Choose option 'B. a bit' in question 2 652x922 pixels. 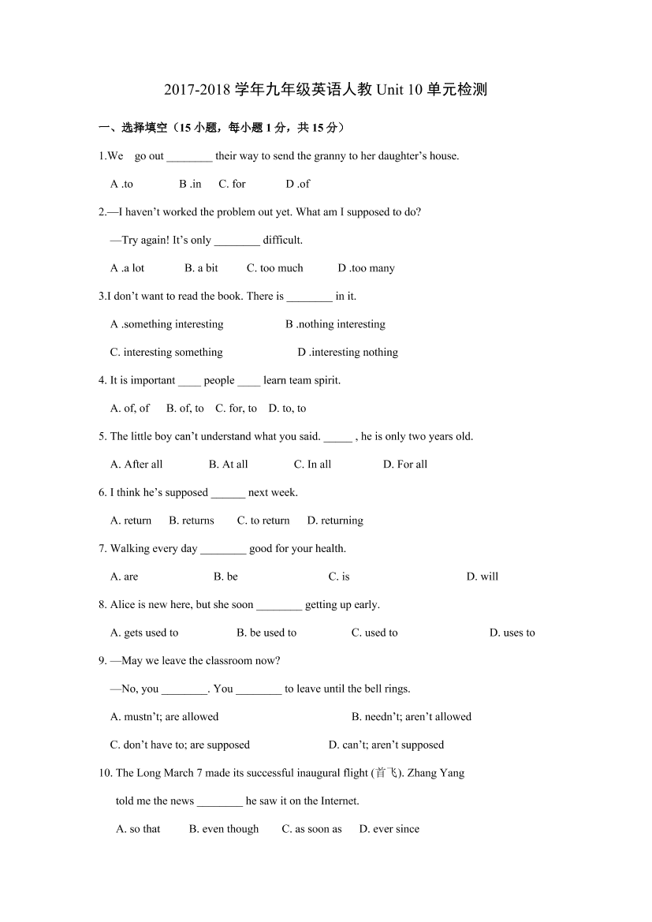pyautogui.click(x=201, y=268)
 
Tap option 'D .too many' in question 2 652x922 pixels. pyautogui.click(x=366, y=268)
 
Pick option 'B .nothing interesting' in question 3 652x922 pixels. pyautogui.click(x=335, y=324)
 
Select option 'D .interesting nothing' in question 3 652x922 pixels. pyautogui.click(x=348, y=353)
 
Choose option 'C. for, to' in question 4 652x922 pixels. pyautogui.click(x=236, y=409)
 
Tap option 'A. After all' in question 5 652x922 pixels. pyautogui.click(x=136, y=465)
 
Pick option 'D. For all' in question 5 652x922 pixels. pyautogui.click(x=405, y=465)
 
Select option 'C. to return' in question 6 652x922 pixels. pyautogui.click(x=263, y=521)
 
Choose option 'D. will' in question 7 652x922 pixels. pyautogui.click(x=482, y=577)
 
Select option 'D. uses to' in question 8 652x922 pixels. pyautogui.click(x=512, y=633)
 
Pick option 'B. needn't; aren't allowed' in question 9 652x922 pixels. pyautogui.click(x=412, y=717)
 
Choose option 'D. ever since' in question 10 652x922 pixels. pyautogui.click(x=389, y=829)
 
